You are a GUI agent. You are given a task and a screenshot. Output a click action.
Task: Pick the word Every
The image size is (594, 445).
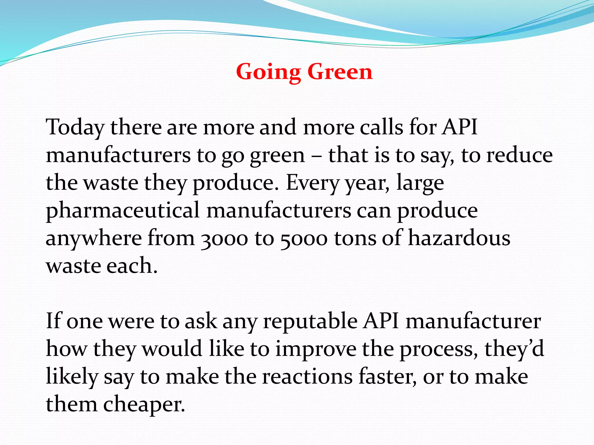(312, 183)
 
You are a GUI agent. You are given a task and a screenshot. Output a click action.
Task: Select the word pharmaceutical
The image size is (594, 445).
(123, 211)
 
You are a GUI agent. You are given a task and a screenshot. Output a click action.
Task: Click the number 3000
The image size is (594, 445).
(224, 239)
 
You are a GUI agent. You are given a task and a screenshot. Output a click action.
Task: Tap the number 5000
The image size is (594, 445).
(304, 239)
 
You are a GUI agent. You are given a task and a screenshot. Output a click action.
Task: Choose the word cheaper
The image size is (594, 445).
(144, 404)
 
